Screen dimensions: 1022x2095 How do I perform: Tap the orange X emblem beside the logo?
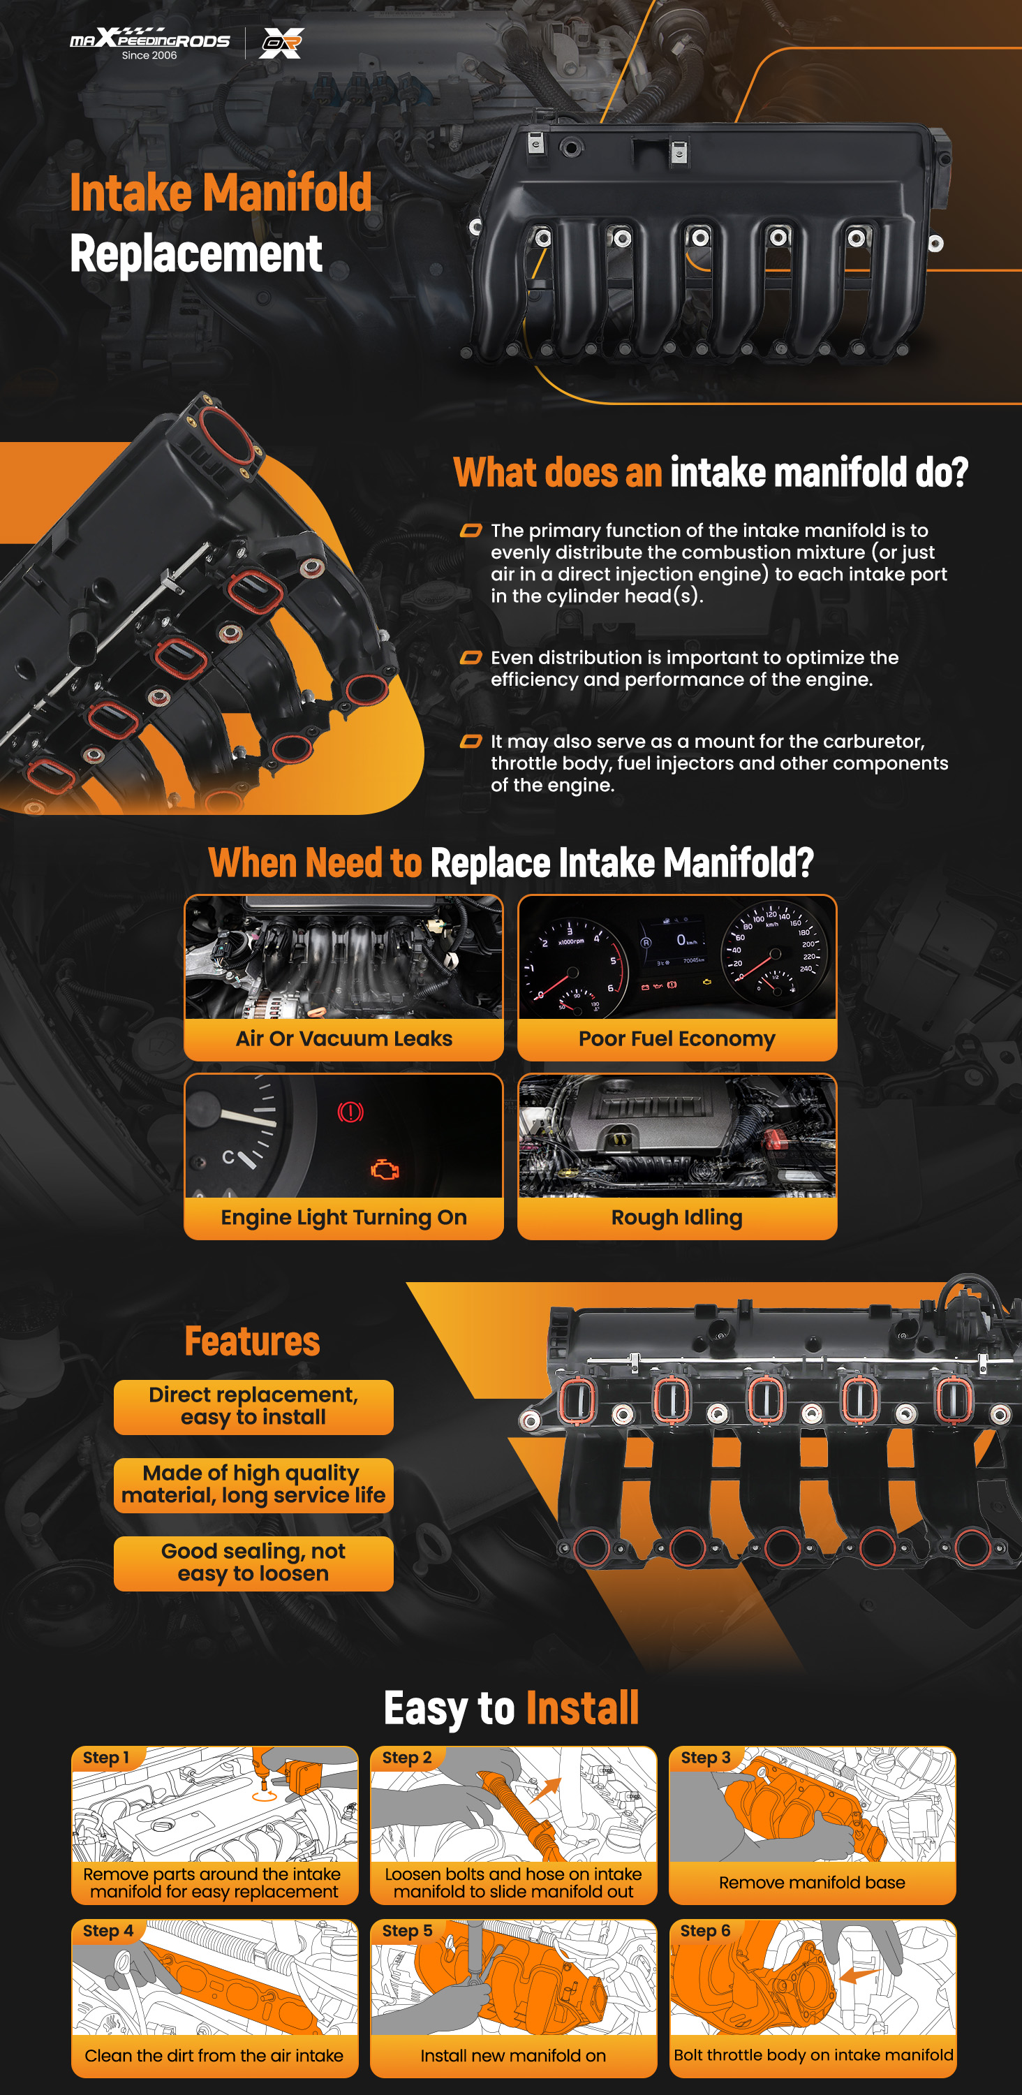click(281, 43)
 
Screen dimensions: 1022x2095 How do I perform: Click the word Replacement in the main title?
click(196, 253)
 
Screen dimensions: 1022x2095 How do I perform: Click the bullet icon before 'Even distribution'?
click(471, 657)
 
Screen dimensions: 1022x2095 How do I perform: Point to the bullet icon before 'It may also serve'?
click(471, 741)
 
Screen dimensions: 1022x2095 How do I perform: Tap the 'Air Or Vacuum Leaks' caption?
click(344, 1038)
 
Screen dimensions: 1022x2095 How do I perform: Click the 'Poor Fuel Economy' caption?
click(676, 1038)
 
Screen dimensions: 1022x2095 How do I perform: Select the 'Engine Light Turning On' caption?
click(344, 1217)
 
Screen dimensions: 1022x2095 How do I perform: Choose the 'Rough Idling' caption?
click(676, 1217)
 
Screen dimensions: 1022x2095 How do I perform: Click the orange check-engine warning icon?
click(385, 1170)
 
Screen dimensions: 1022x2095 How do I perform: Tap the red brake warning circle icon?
click(350, 1112)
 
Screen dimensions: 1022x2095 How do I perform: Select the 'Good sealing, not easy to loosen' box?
click(253, 1563)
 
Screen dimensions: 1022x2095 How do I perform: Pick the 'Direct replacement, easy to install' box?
click(253, 1407)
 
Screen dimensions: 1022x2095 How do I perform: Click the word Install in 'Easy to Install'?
click(582, 1708)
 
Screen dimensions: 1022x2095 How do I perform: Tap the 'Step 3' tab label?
click(705, 1758)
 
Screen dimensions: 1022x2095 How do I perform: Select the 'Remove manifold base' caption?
click(811, 1882)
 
